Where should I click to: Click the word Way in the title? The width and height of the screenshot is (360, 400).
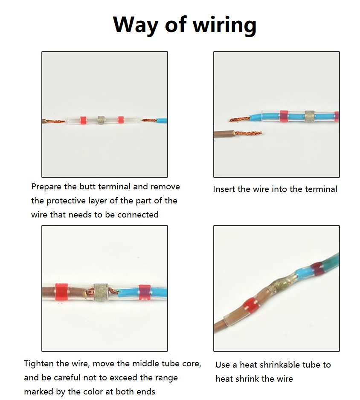pyautogui.click(x=136, y=24)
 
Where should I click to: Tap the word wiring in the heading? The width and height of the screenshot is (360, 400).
pyautogui.click(x=224, y=25)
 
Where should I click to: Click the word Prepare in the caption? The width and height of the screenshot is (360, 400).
pyautogui.click(x=46, y=187)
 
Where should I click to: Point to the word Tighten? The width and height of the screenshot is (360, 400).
pyautogui.click(x=39, y=364)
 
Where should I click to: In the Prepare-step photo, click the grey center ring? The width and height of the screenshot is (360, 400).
pyautogui.click(x=101, y=120)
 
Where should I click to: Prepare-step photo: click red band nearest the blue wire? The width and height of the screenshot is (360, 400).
pyautogui.click(x=121, y=120)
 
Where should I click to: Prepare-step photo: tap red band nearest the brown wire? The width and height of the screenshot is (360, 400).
pyautogui.click(x=84, y=120)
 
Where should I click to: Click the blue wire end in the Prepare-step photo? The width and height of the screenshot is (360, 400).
pyautogui.click(x=162, y=121)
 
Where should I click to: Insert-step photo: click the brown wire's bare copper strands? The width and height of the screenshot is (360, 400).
pyautogui.click(x=248, y=133)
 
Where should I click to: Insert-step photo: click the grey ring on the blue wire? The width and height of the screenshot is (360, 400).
pyautogui.click(x=310, y=116)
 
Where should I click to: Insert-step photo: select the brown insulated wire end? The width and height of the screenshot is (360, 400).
pyautogui.click(x=224, y=134)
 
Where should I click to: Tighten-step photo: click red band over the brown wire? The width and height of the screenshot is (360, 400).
pyautogui.click(x=62, y=292)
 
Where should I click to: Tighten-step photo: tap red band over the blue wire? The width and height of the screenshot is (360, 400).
pyautogui.click(x=145, y=293)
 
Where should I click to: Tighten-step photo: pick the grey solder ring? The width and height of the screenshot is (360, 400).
pyautogui.click(x=101, y=293)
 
